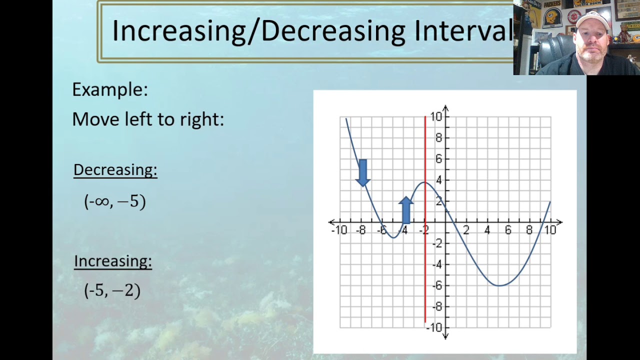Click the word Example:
[x=110, y=89]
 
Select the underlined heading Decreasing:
[x=115, y=170]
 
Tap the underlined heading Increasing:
[x=113, y=261]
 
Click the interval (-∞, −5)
[x=115, y=201]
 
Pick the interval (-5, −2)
[x=112, y=290]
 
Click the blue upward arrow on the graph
[x=406, y=210]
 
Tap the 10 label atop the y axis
[x=436, y=117]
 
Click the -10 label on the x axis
[x=339, y=230]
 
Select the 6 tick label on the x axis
[x=508, y=230]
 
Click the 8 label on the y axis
[x=438, y=138]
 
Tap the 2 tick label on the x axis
[x=466, y=230]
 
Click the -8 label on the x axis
[x=360, y=230]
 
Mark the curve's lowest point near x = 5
[x=498, y=285]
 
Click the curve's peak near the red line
[x=424, y=182]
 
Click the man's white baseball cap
[x=592, y=20]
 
